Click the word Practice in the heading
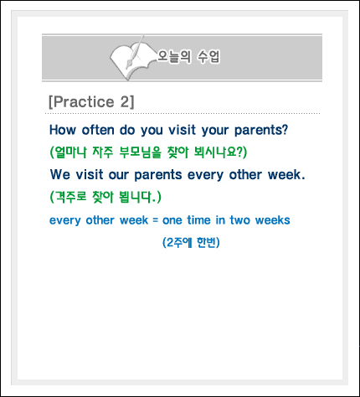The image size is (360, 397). (84, 101)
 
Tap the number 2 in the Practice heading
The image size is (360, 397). (125, 101)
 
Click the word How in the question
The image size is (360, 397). (63, 130)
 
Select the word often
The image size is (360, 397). (98, 130)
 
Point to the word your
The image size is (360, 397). (215, 131)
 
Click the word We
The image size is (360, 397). (60, 174)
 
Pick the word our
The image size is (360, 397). (119, 175)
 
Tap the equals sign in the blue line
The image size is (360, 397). (155, 220)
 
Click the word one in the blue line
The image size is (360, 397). (172, 220)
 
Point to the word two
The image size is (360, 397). (239, 220)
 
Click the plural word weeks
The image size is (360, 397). (273, 220)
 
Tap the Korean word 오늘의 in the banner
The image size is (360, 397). (174, 56)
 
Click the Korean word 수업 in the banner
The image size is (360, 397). (208, 56)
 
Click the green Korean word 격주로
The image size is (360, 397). (71, 197)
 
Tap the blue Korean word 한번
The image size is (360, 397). (206, 242)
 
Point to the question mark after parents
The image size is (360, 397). (285, 130)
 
